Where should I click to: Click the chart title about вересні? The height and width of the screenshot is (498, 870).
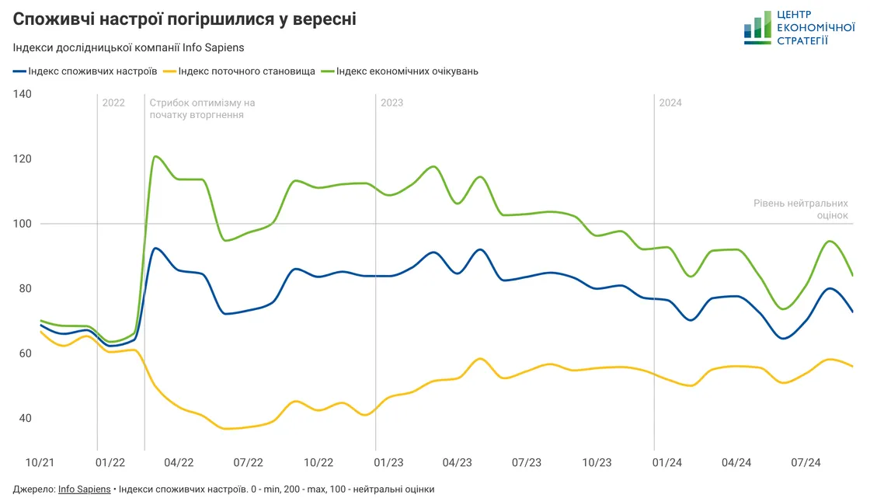point(185,19)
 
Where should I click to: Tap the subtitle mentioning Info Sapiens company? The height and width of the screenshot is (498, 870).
point(129,47)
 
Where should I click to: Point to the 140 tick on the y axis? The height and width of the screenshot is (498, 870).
point(22,94)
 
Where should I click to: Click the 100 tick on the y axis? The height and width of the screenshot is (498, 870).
point(22,224)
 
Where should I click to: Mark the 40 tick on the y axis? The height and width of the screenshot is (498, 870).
point(25,418)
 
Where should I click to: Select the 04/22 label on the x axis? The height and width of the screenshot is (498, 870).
point(179,462)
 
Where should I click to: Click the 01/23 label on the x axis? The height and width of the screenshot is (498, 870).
point(388,462)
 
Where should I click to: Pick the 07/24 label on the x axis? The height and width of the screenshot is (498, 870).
point(806,462)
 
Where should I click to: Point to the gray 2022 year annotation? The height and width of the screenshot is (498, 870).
point(113,103)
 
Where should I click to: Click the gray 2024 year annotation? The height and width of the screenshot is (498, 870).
point(670,103)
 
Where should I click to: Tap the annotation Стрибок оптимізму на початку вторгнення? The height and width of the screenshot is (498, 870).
point(202,109)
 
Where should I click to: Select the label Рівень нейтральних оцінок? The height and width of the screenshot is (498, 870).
point(800,209)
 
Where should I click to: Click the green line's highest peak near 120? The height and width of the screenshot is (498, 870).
point(156,156)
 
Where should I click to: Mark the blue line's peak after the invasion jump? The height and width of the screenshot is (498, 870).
point(156,248)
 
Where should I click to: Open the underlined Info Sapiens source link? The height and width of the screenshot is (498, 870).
point(84,489)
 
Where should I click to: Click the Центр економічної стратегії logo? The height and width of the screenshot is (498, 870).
point(799,28)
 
